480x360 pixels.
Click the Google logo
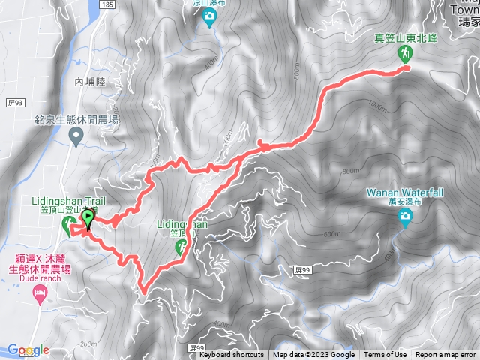(x=28, y=350)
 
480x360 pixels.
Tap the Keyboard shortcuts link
(x=232, y=355)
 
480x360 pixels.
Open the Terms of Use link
(x=385, y=355)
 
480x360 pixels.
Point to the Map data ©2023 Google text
(x=313, y=355)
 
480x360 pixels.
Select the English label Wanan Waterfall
(x=405, y=193)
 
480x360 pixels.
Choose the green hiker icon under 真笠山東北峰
(x=406, y=53)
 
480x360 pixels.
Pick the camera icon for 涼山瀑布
(x=209, y=20)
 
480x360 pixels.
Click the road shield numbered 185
(x=107, y=4)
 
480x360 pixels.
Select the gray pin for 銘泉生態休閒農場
(x=76, y=136)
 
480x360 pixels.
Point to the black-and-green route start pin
(x=88, y=219)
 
